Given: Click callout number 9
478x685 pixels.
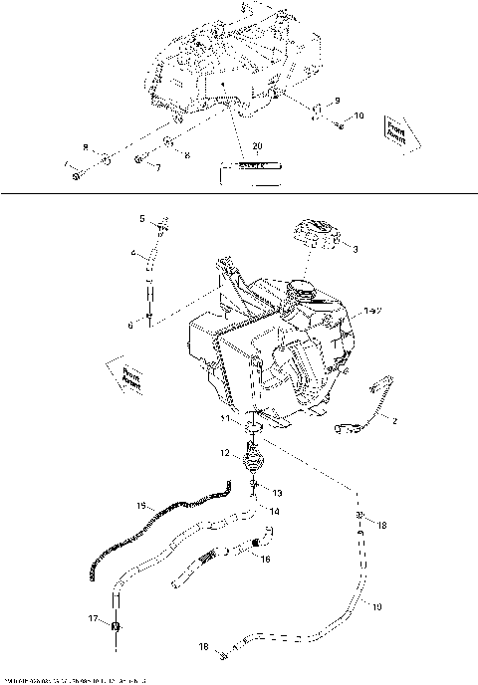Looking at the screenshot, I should [337, 101].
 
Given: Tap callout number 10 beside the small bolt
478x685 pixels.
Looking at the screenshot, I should [358, 116].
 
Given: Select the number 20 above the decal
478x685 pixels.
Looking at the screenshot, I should [257, 146].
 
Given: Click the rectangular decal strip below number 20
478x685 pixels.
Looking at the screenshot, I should [246, 169].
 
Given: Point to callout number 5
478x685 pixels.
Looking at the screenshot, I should [141, 218].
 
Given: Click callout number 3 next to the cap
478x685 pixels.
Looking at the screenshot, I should [356, 250].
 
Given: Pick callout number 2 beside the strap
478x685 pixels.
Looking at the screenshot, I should [394, 421].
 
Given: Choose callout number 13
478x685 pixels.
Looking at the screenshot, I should [276, 493].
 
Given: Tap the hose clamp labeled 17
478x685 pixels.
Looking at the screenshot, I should [116, 627].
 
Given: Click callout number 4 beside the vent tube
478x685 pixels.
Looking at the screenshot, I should [131, 254].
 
